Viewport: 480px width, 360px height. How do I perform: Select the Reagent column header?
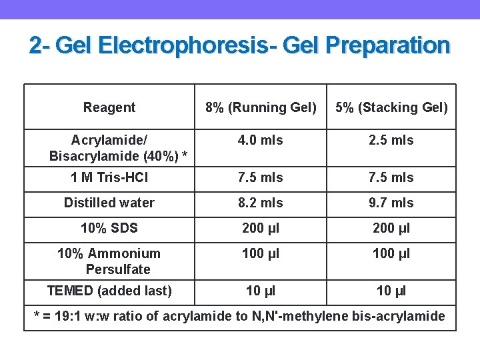(x=109, y=107)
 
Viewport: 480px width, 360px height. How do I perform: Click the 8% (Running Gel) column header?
(x=261, y=107)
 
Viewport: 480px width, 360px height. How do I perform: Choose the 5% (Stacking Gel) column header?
(x=391, y=107)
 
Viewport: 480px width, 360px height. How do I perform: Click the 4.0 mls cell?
(x=261, y=140)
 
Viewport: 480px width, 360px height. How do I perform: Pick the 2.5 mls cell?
(x=391, y=140)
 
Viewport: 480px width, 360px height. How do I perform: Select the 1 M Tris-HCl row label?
(x=109, y=177)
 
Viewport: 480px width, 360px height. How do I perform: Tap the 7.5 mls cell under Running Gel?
(x=261, y=177)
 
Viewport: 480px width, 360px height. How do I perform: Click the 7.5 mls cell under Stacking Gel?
(x=391, y=177)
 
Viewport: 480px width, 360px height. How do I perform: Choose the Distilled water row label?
(x=109, y=203)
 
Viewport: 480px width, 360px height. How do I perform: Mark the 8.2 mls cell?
(x=261, y=203)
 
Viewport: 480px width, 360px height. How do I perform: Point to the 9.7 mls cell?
(x=391, y=203)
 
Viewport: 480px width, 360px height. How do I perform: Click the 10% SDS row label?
(x=109, y=228)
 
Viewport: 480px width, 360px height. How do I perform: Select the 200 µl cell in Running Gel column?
(x=261, y=228)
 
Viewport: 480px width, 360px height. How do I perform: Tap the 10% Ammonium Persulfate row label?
(x=109, y=261)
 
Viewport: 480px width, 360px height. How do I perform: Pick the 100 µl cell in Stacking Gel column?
(x=391, y=253)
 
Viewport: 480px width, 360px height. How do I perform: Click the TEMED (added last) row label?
(x=109, y=291)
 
